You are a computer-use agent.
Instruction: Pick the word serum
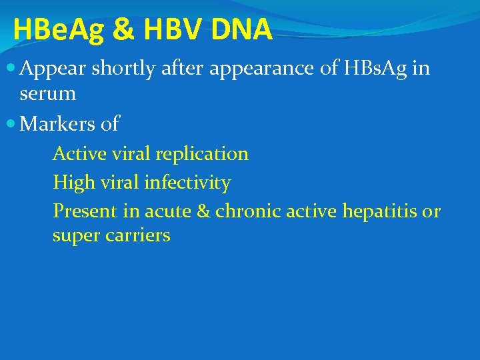48,95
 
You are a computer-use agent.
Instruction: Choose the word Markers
70,123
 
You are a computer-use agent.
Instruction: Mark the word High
74,183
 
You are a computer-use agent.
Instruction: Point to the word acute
167,212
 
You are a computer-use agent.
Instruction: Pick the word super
76,236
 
